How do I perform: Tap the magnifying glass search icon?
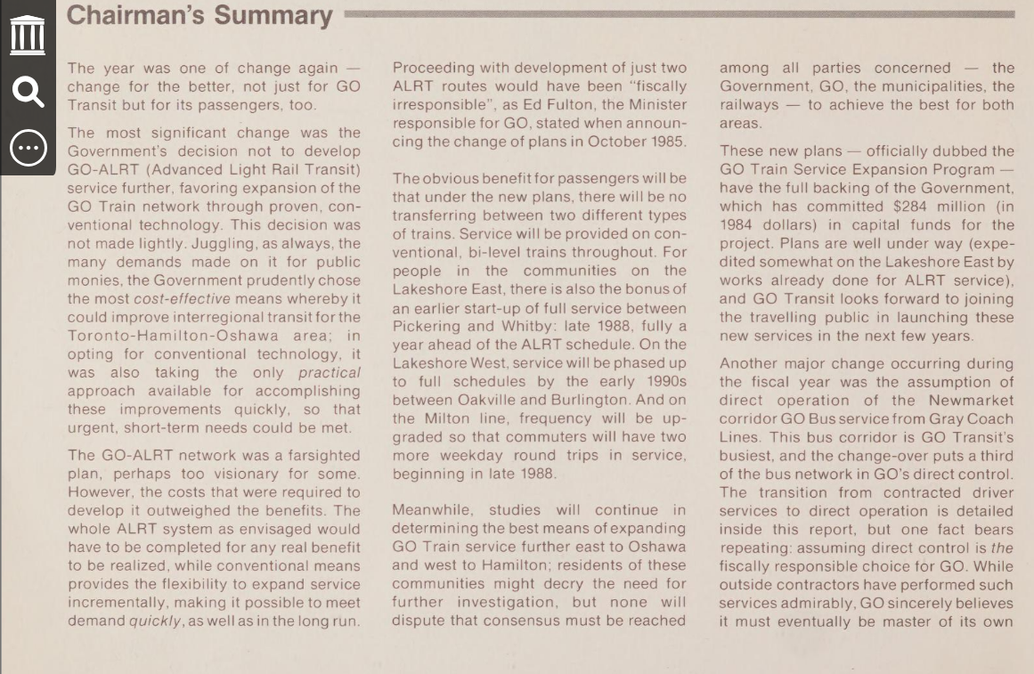tap(28, 91)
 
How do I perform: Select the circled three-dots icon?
tap(28, 147)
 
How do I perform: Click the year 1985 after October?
tap(667, 142)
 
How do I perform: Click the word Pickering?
tap(426, 327)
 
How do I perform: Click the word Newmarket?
tap(973, 400)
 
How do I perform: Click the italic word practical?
tap(330, 372)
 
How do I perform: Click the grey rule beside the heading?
tap(677, 14)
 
